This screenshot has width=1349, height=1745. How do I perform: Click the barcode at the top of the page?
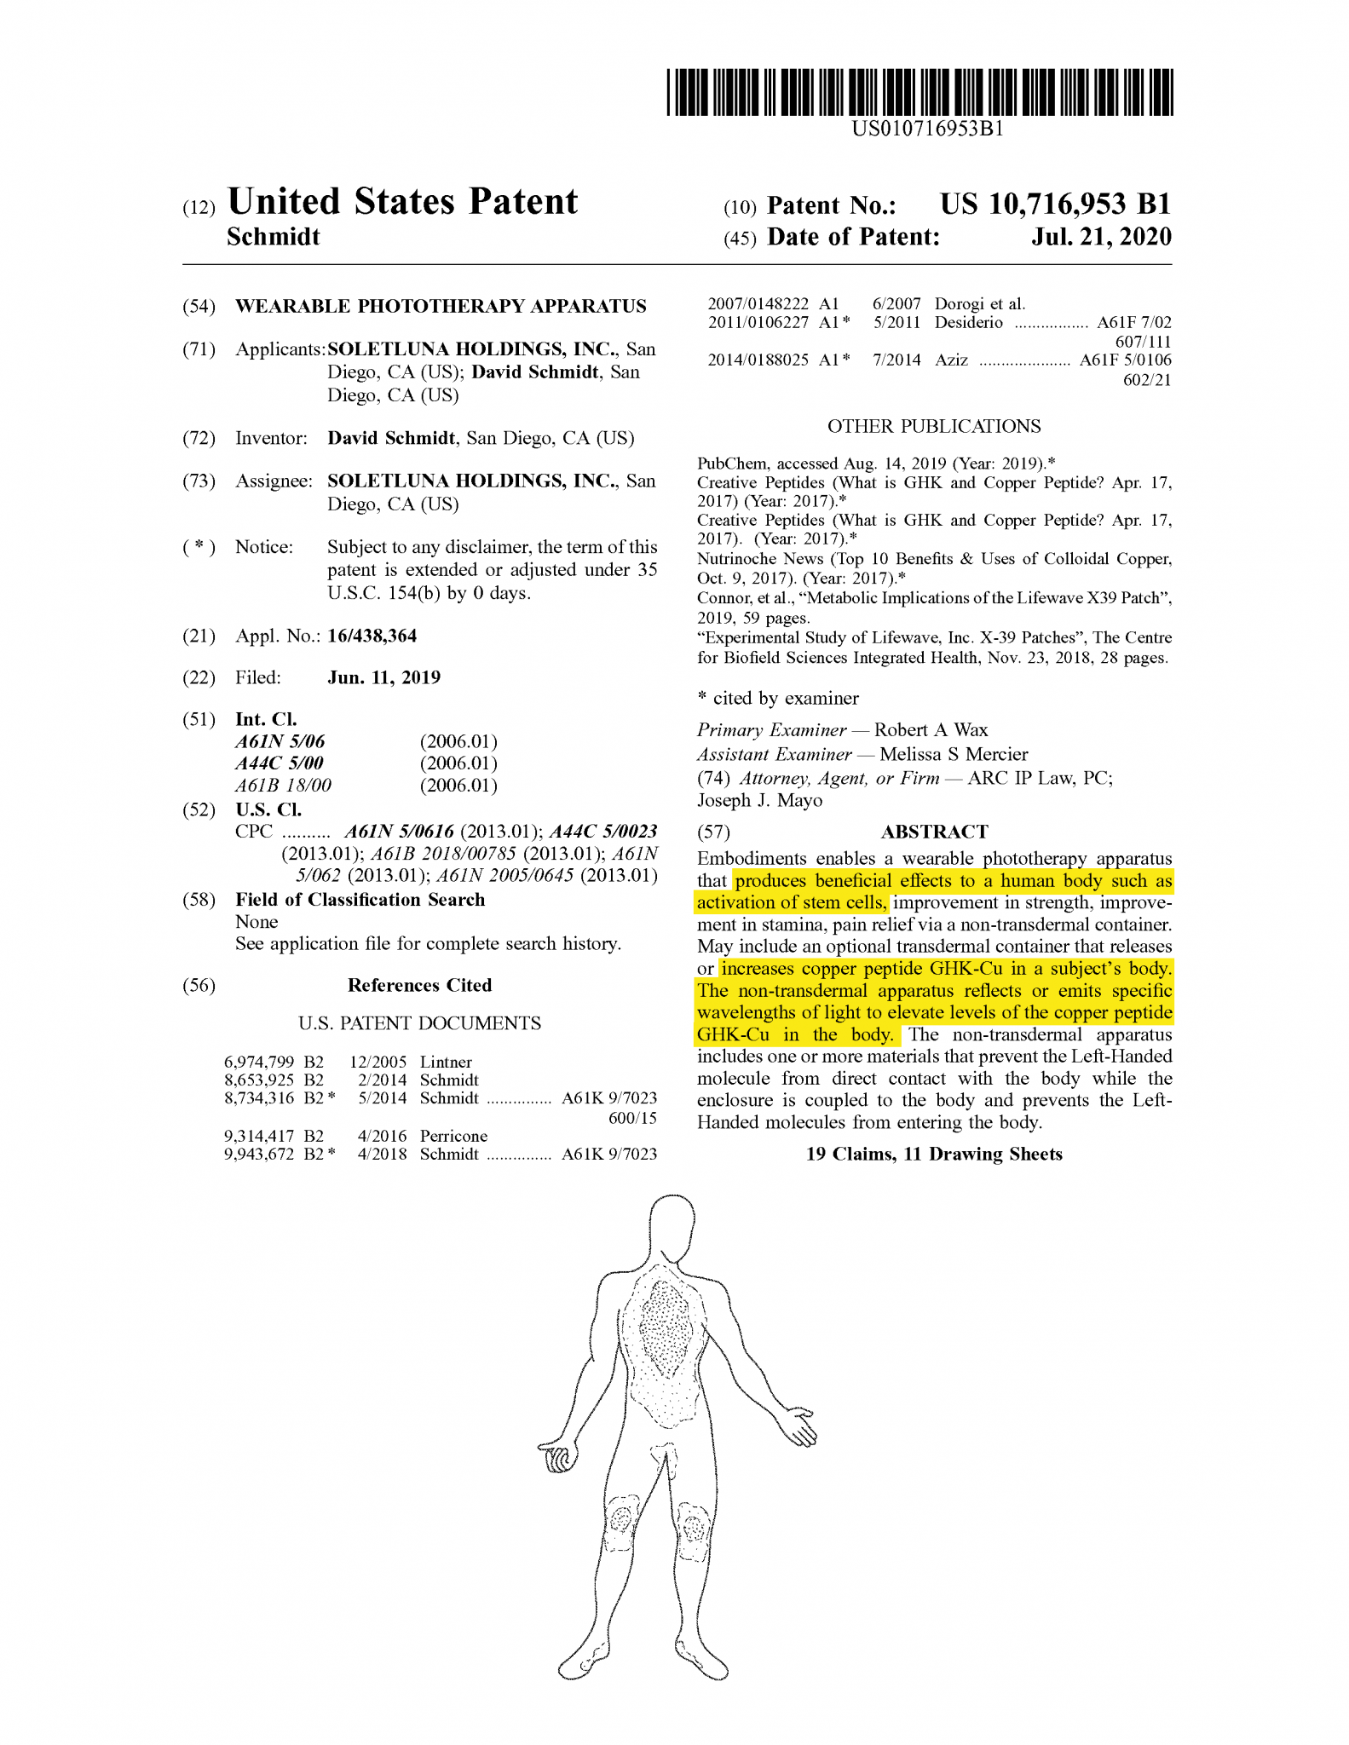(x=920, y=92)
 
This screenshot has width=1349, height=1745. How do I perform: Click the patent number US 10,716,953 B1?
(x=1055, y=204)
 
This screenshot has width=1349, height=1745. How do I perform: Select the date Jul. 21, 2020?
(x=1101, y=237)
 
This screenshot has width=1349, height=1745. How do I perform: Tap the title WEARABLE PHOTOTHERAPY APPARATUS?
(x=441, y=306)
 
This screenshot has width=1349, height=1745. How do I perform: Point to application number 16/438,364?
(x=372, y=636)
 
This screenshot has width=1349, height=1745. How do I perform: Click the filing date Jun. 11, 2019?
(x=384, y=677)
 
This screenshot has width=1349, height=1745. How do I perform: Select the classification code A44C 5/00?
(x=280, y=763)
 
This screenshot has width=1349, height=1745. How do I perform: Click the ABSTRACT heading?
(x=934, y=832)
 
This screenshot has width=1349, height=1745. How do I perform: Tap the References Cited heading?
(x=419, y=985)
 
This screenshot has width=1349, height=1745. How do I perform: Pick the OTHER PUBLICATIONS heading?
(x=934, y=426)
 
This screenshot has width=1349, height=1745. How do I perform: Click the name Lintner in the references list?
(x=446, y=1062)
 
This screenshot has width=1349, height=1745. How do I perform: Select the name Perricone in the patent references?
(x=453, y=1136)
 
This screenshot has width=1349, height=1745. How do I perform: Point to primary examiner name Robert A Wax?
(x=931, y=729)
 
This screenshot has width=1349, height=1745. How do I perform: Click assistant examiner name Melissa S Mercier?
(x=954, y=754)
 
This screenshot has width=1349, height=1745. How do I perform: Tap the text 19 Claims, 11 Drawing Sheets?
(x=934, y=1154)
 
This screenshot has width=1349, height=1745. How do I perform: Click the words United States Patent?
(x=402, y=203)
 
